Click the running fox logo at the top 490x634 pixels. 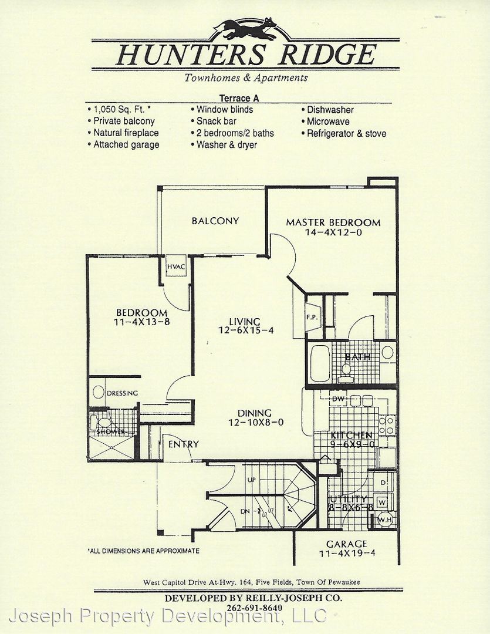[x=245, y=29]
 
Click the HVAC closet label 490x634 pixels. [x=176, y=267]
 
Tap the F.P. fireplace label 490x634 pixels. [x=312, y=318]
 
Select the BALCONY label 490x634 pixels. [x=215, y=221]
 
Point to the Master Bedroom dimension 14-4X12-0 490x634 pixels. [x=333, y=232]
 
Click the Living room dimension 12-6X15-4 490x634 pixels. [x=246, y=331]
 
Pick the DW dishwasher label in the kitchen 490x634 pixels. [x=338, y=399]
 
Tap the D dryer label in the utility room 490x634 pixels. [x=383, y=483]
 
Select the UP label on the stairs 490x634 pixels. [x=252, y=480]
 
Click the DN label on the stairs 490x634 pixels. [x=245, y=511]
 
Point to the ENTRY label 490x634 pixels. [x=184, y=444]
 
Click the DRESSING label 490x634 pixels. [x=122, y=393]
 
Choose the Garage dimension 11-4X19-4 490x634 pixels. [x=347, y=553]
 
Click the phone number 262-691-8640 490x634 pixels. [x=255, y=608]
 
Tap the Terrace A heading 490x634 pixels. [x=239, y=98]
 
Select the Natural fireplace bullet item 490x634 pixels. [x=123, y=133]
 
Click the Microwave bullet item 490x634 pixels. [x=326, y=122]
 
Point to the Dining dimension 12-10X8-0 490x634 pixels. [x=256, y=423]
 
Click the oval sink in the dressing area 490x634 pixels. [x=98, y=392]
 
